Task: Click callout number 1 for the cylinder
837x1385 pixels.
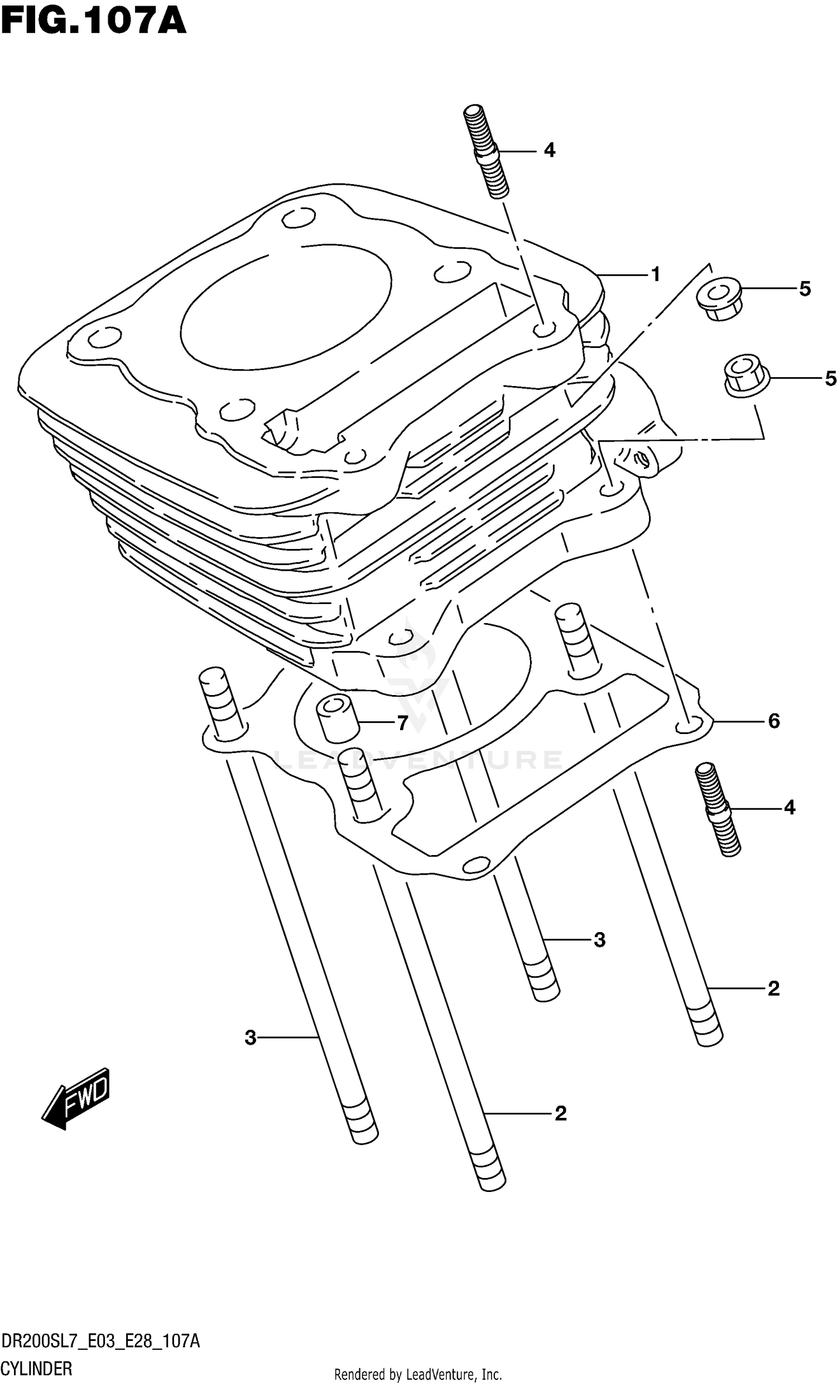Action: click(655, 274)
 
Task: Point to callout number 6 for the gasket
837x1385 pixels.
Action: click(774, 721)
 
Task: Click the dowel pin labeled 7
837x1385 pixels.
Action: click(336, 720)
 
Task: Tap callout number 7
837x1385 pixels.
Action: click(402, 723)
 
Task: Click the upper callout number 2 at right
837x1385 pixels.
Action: click(773, 989)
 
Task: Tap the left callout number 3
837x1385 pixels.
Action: click(250, 1037)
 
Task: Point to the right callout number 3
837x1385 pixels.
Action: click(599, 940)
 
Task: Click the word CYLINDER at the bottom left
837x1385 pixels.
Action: click(36, 1369)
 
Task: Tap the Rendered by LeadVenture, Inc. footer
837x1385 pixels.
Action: click(417, 1375)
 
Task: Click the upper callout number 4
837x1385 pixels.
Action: click(549, 150)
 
